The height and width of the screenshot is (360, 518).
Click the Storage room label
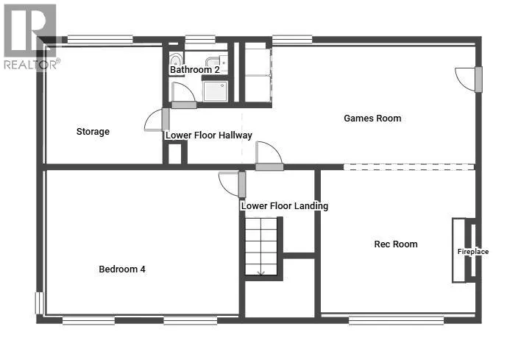pyautogui.click(x=93, y=132)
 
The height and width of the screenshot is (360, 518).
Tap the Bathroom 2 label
pyautogui.click(x=189, y=70)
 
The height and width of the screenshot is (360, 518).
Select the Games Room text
pyautogui.click(x=372, y=118)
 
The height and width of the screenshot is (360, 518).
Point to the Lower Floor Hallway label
pyautogui.click(x=209, y=135)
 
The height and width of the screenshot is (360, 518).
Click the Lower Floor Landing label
pyautogui.click(x=284, y=206)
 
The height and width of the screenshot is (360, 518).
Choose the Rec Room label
pyautogui.click(x=396, y=244)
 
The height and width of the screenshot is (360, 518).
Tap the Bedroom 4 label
pyautogui.click(x=122, y=269)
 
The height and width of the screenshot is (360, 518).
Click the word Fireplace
pyautogui.click(x=473, y=252)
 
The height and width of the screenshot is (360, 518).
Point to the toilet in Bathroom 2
pyautogui.click(x=177, y=60)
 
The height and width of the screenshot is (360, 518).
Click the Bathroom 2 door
pyautogui.click(x=182, y=94)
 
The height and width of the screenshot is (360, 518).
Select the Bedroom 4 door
pyautogui.click(x=231, y=183)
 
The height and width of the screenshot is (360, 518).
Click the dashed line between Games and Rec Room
pyautogui.click(x=408, y=166)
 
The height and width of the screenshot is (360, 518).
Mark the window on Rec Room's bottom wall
pyautogui.click(x=396, y=320)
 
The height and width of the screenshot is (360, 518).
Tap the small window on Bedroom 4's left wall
pyautogui.click(x=40, y=303)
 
